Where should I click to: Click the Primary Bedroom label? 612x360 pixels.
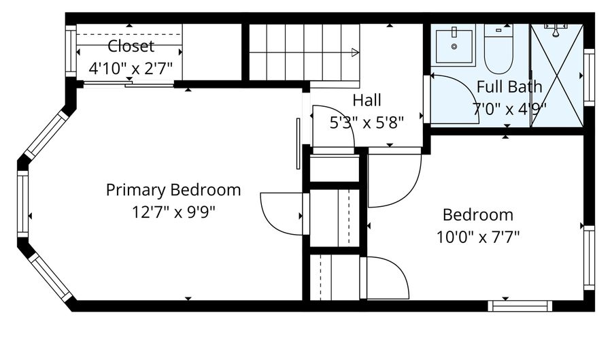tap(173, 190)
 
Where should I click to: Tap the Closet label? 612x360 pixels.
tap(131, 46)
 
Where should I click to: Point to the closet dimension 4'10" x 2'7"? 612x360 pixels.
tap(131, 68)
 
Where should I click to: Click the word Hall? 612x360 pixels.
tap(367, 101)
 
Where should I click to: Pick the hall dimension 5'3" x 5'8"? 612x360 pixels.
tap(367, 122)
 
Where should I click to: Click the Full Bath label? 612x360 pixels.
tap(509, 86)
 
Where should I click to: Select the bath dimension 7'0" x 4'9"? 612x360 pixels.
tap(509, 108)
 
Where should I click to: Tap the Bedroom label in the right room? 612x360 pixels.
tap(477, 215)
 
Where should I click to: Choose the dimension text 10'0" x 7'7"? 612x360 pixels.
tap(477, 238)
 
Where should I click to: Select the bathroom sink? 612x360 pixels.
tap(452, 45)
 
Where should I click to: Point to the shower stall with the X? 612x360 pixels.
tap(556, 75)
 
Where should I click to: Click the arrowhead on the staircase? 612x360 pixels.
tap(354, 52)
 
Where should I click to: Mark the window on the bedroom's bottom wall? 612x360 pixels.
tap(520, 306)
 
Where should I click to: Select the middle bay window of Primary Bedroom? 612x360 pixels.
tap(23, 204)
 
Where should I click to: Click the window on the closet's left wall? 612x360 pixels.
tap(70, 52)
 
